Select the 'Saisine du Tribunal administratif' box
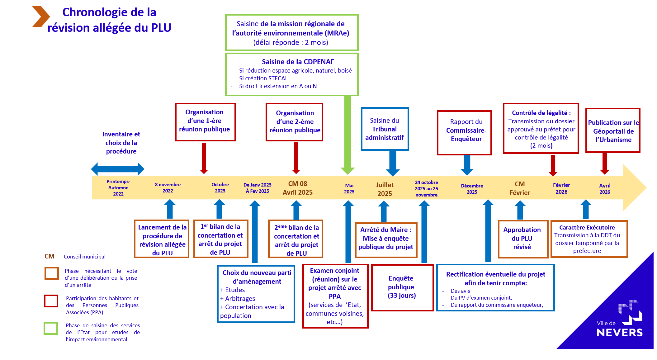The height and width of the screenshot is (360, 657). (x=385, y=129)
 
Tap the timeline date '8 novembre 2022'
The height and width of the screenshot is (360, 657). (x=168, y=187)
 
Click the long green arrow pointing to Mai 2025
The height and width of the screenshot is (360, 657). (x=347, y=134)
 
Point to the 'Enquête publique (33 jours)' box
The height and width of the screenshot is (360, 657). (x=402, y=287)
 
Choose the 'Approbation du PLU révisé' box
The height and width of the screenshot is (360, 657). (x=522, y=239)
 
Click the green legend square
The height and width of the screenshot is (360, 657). (x=51, y=328)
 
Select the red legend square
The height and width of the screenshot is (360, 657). (x=51, y=301)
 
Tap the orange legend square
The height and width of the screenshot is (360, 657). (x=51, y=273)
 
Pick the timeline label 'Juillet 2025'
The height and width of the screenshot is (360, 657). (x=385, y=189)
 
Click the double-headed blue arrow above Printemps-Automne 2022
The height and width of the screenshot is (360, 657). (x=118, y=169)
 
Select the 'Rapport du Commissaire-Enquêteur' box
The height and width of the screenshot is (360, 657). (x=464, y=132)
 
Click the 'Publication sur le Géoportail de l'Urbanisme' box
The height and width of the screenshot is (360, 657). (x=612, y=130)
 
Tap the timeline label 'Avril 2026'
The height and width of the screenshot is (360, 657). (x=605, y=189)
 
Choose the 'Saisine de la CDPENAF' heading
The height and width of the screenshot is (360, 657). (x=298, y=62)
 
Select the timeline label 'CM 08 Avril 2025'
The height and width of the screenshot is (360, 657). (x=297, y=188)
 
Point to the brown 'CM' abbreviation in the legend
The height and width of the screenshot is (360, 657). (x=50, y=256)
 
